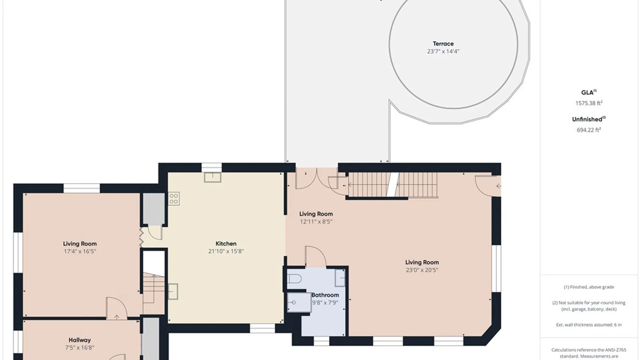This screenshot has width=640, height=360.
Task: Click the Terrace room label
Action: tap(443, 44)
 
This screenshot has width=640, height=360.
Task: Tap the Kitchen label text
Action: tap(226, 244)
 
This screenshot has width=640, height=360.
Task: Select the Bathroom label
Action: tap(325, 295)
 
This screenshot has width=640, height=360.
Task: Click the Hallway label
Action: tap(80, 340)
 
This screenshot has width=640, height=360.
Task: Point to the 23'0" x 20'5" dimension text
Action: tap(422, 270)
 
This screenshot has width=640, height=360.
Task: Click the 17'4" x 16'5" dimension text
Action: tap(80, 251)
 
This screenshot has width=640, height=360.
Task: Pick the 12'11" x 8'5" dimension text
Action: tap(316, 222)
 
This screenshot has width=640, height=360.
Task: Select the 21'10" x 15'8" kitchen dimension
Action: tap(226, 251)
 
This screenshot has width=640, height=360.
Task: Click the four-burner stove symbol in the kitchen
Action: tap(174, 199)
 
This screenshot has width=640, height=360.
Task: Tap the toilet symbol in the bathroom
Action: tap(294, 278)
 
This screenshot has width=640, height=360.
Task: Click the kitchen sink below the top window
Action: tap(213, 177)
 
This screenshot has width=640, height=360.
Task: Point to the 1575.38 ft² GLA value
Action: tap(589, 103)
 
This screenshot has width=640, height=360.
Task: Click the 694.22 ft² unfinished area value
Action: tap(589, 130)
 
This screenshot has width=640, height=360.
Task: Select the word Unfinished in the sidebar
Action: tap(587, 119)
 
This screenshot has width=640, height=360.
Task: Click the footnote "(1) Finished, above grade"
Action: tap(589, 287)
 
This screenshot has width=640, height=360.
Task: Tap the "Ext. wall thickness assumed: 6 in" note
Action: tap(589, 325)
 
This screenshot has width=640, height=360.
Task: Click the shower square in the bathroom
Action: tap(299, 302)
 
